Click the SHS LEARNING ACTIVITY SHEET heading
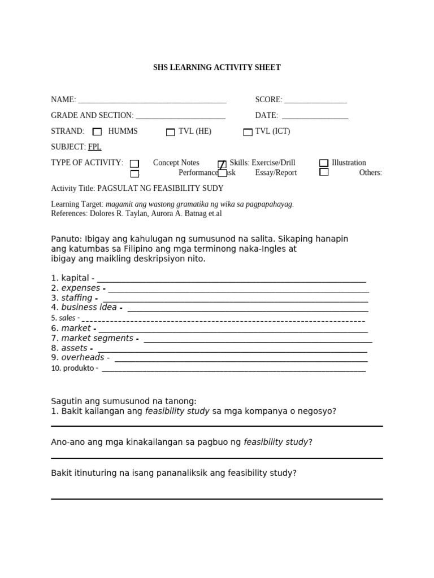216,68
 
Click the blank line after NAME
152,101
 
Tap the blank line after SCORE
315,101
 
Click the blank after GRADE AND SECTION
180,117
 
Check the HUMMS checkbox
97,132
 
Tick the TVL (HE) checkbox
170,133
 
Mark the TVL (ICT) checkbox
248,133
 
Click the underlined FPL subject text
94,147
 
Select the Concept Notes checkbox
134,164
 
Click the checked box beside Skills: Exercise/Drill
222,164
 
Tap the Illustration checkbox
324,163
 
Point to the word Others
370,173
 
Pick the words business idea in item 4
89,308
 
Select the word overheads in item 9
83,357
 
